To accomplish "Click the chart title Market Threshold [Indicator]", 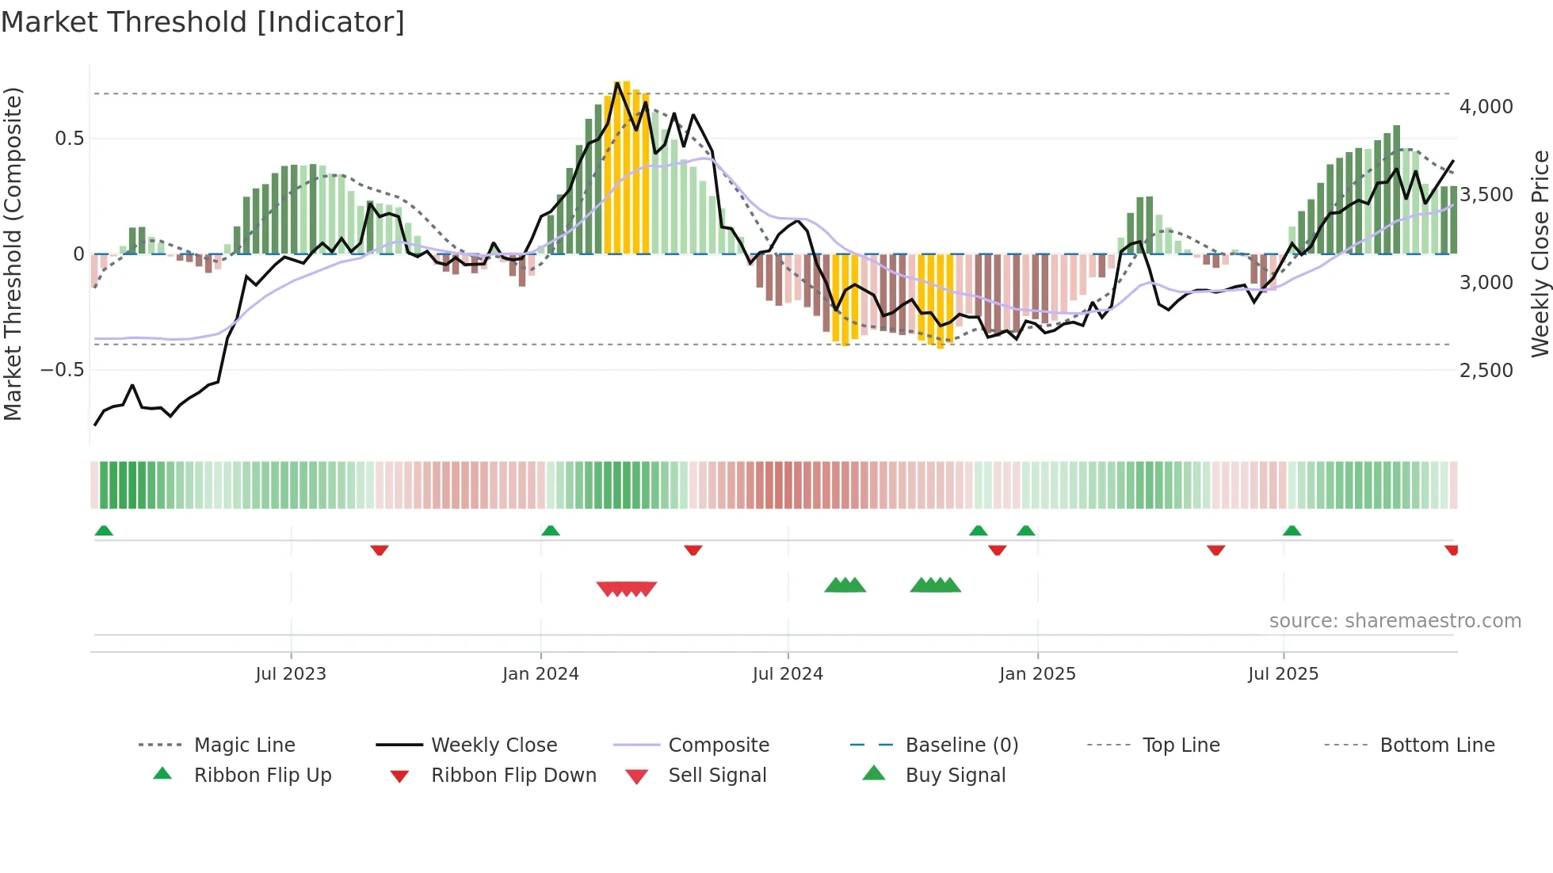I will pos(203,22).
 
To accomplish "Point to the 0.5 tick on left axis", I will pos(69,139).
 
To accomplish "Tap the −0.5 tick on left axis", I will pos(63,370).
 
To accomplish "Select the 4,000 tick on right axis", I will pos(1486,107).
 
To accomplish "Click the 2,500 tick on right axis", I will pos(1486,371).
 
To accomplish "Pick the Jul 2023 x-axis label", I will pos(291,674).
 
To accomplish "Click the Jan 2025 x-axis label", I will pos(1037,674).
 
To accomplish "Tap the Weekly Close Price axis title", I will pos(1540,254).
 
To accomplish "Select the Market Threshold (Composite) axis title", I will pos(13,254).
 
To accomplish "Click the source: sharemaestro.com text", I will pos(1395,621).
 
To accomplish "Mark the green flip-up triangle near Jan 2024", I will pos(551,531).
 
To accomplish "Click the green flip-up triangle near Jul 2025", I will pos(1292,531).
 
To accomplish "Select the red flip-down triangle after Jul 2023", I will pos(380,550).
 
